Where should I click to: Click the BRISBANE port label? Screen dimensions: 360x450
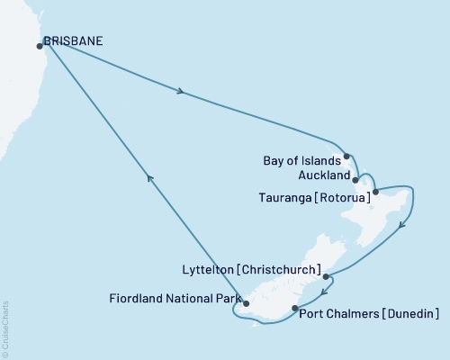click(x=72, y=41)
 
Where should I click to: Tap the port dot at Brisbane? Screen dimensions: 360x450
click(x=40, y=45)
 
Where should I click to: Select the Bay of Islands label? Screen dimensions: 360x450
click(x=298, y=161)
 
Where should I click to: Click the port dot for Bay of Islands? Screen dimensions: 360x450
click(x=346, y=157)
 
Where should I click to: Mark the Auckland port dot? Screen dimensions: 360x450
click(x=356, y=179)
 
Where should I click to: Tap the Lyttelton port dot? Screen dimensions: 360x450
click(x=326, y=277)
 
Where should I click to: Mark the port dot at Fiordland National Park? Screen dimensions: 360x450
click(x=247, y=303)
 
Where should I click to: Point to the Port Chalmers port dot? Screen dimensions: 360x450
click(x=295, y=309)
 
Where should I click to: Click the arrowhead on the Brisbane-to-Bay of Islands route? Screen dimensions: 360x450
click(x=184, y=92)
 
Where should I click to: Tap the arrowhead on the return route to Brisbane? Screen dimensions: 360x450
click(x=151, y=180)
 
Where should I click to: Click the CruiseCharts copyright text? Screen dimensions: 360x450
click(x=5, y=328)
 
